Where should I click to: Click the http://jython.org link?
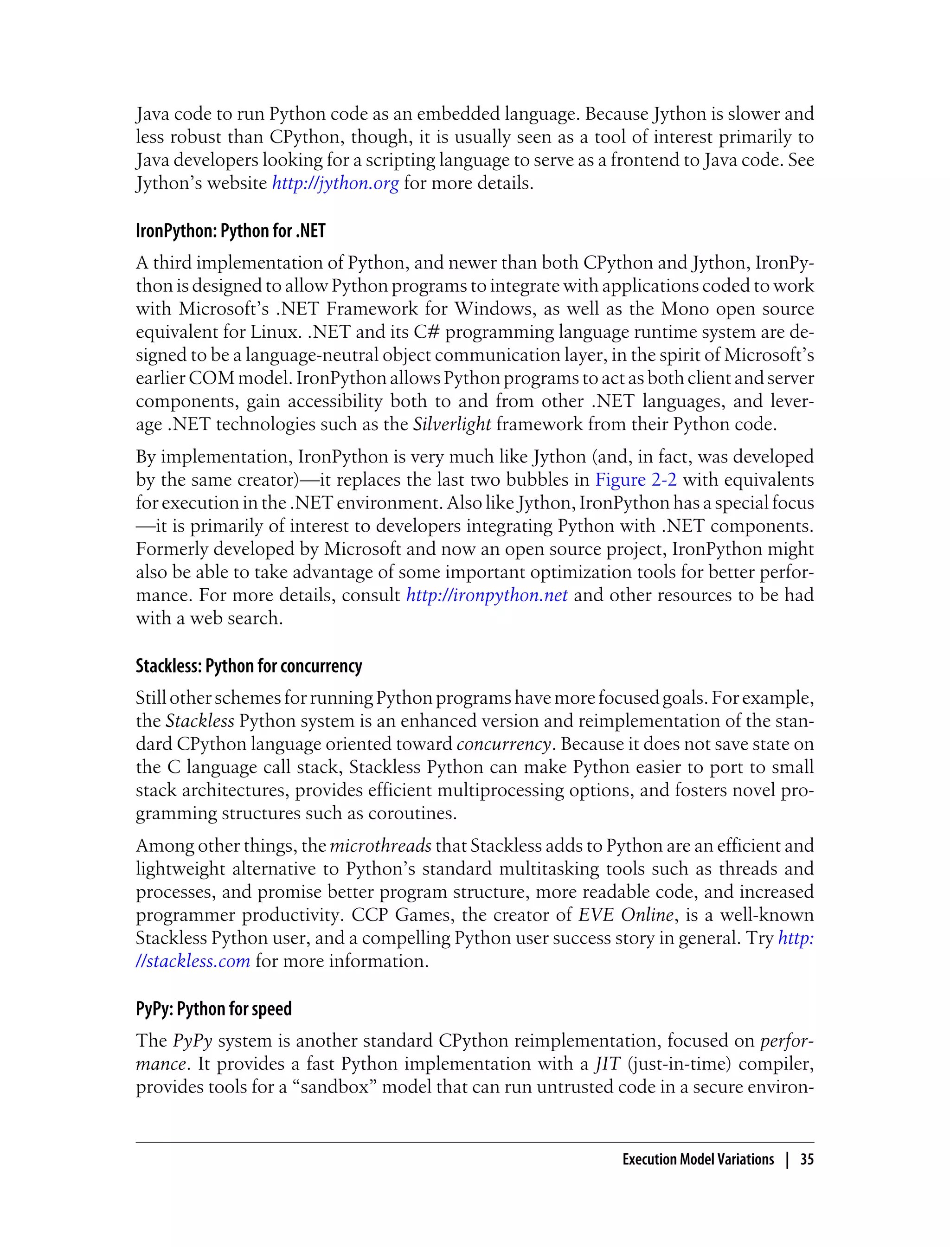click(x=335, y=183)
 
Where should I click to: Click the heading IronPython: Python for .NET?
click(x=230, y=231)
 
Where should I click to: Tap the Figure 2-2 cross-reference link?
click(x=635, y=480)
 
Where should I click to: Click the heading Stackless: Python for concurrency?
click(x=248, y=666)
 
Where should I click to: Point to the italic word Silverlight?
click(x=452, y=424)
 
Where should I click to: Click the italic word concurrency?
click(x=503, y=744)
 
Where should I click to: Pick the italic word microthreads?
click(x=380, y=845)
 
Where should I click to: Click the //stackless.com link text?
click(x=193, y=961)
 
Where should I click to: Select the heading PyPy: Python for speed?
click(x=213, y=1009)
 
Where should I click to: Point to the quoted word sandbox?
click(x=335, y=1087)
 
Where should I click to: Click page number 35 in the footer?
click(x=806, y=1159)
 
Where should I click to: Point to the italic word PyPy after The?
click(x=192, y=1041)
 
